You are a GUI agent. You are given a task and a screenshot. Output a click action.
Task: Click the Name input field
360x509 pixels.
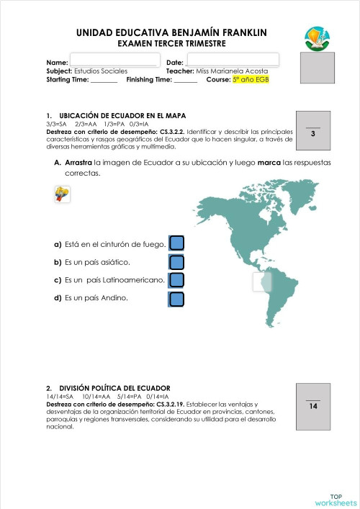(113, 60)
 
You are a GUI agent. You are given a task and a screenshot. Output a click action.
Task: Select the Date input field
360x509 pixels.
(233, 60)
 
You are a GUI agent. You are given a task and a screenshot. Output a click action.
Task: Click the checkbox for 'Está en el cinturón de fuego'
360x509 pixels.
(177, 243)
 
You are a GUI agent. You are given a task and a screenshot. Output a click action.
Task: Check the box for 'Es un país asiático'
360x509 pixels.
(177, 262)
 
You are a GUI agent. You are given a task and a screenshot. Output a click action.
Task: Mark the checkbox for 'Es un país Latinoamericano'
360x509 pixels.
(177, 280)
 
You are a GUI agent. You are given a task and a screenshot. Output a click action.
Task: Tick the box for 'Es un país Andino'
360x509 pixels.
(177, 299)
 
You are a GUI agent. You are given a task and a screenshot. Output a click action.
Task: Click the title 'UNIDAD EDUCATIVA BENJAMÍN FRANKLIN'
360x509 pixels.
(171, 32)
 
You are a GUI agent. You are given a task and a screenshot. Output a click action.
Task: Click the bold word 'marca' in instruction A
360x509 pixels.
(269, 163)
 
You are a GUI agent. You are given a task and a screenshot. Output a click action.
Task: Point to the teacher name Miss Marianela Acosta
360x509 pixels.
(232, 71)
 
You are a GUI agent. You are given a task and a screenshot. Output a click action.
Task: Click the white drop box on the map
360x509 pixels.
(264, 282)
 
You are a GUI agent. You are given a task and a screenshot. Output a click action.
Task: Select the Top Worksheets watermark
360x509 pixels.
(336, 499)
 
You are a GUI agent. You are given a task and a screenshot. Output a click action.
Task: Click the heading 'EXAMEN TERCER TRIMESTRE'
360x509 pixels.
(171, 44)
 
